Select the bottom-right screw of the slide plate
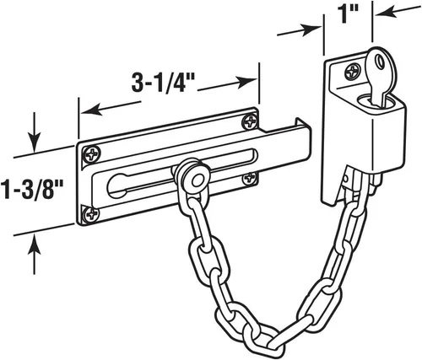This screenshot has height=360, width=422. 249,178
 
